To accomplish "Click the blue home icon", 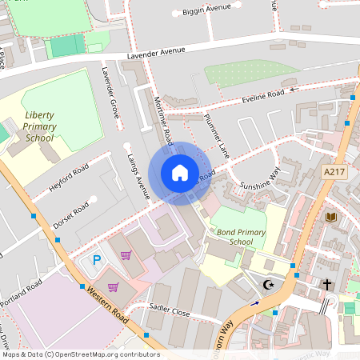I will (180, 173).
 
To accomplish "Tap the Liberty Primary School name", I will (38, 126).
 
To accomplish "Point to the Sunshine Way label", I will (261, 178).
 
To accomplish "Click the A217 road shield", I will (334, 172).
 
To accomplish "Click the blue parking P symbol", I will (98, 259).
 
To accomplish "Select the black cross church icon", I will (326, 284).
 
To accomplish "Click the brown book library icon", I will (330, 217).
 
